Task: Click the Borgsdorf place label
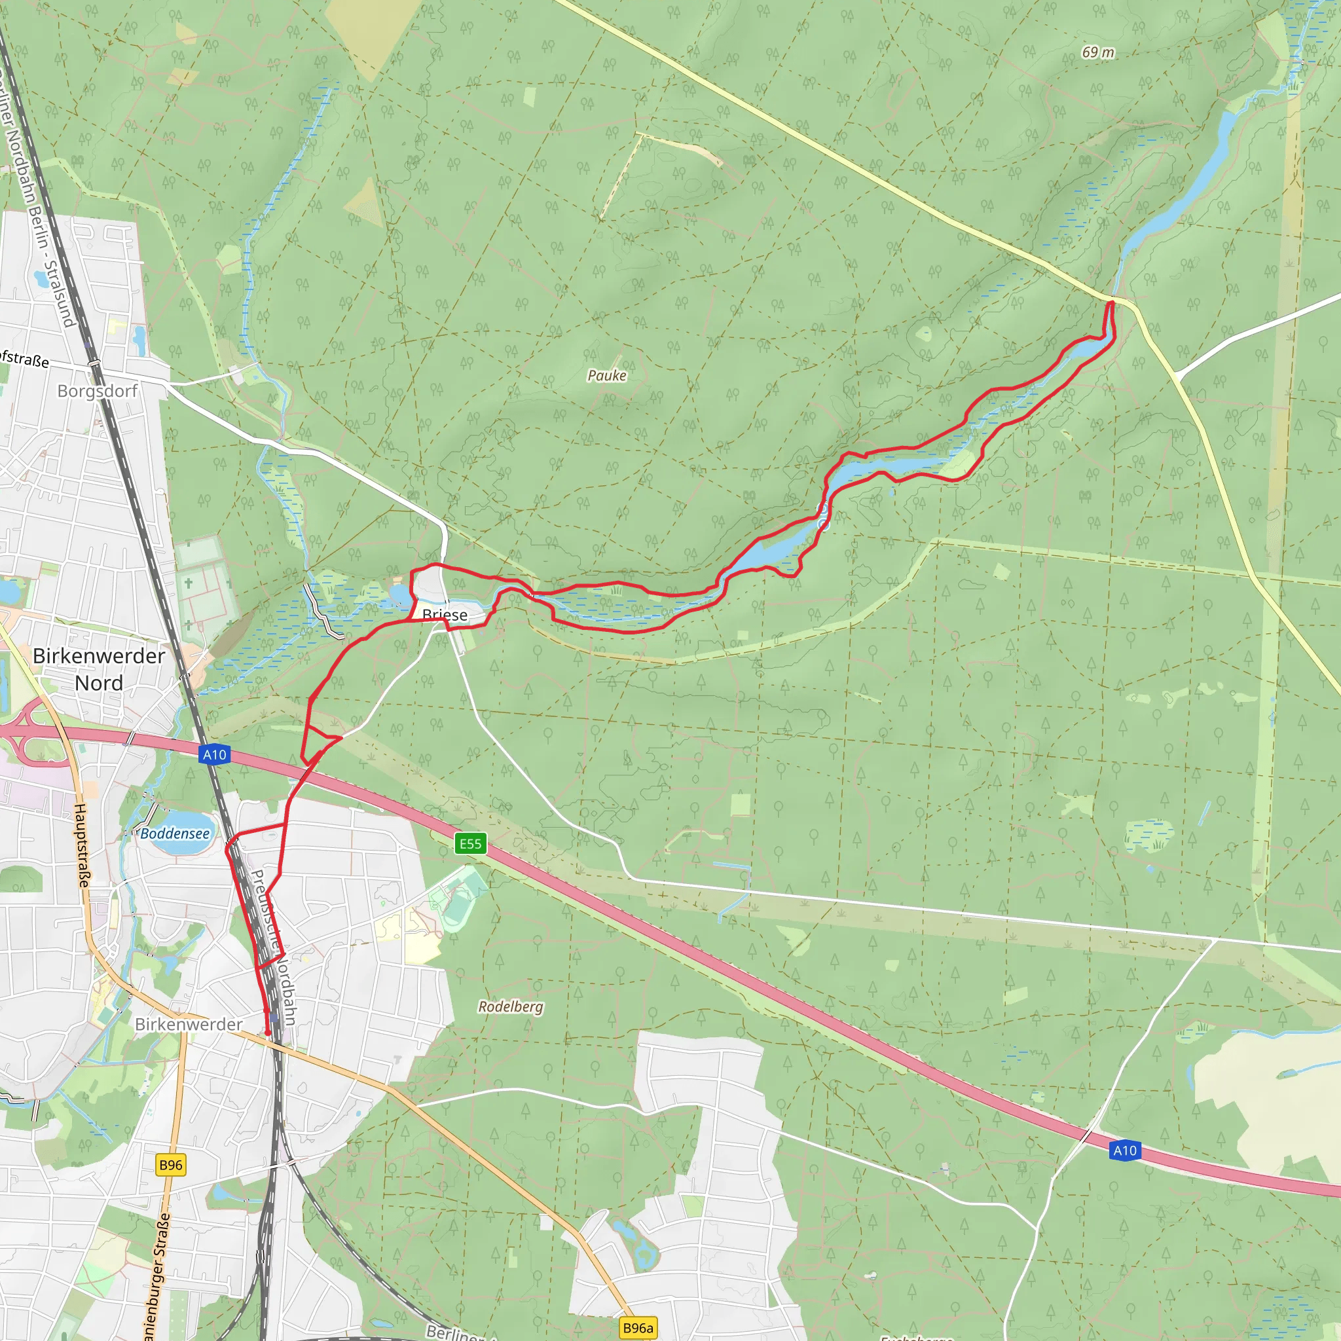[x=97, y=391]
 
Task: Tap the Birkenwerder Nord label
[x=99, y=669]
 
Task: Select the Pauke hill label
[x=606, y=375]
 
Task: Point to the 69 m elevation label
[x=1098, y=53]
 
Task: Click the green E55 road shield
[x=470, y=844]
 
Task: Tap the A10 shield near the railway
[x=215, y=754]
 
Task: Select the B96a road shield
[x=638, y=1328]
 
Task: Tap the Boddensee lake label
[x=175, y=834]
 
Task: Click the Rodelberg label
[x=511, y=1006]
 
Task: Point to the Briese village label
[x=445, y=615]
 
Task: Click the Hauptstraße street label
[x=81, y=845]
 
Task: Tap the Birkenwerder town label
[x=189, y=1024]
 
